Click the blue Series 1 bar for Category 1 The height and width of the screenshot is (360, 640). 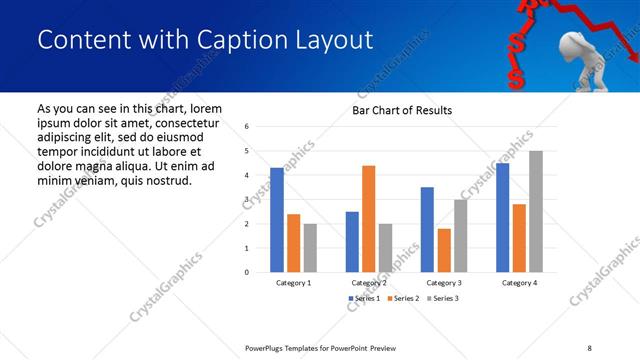(x=277, y=219)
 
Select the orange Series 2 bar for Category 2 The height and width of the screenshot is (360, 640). (x=368, y=218)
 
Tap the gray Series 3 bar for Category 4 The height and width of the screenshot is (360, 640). (x=536, y=211)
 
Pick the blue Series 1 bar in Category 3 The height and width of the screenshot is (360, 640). (x=427, y=229)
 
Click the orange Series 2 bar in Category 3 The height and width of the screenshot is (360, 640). (x=444, y=250)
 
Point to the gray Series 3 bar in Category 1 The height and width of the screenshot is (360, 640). (x=310, y=247)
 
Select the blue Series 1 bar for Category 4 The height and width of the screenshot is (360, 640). (x=502, y=217)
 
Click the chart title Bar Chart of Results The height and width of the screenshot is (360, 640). (x=402, y=110)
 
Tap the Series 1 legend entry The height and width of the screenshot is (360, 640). (x=365, y=299)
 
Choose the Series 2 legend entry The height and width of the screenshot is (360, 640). (x=403, y=299)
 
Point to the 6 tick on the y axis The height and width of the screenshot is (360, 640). (x=246, y=127)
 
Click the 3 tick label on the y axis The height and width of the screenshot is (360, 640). (x=246, y=200)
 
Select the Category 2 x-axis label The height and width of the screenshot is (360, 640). (x=368, y=283)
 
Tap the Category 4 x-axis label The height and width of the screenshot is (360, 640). (x=519, y=283)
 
